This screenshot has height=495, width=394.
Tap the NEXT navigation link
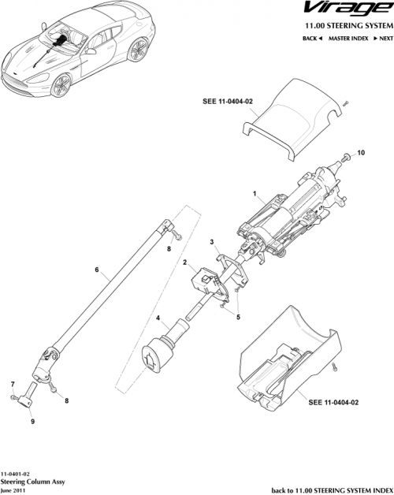pyautogui.click(x=382, y=38)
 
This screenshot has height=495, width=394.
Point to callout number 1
pyautogui.click(x=254, y=193)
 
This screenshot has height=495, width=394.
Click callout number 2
pyautogui.click(x=184, y=262)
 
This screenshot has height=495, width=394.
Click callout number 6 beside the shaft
pyautogui.click(x=96, y=270)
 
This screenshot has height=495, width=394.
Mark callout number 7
pyautogui.click(x=13, y=384)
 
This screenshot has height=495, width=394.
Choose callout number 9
pyautogui.click(x=32, y=422)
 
